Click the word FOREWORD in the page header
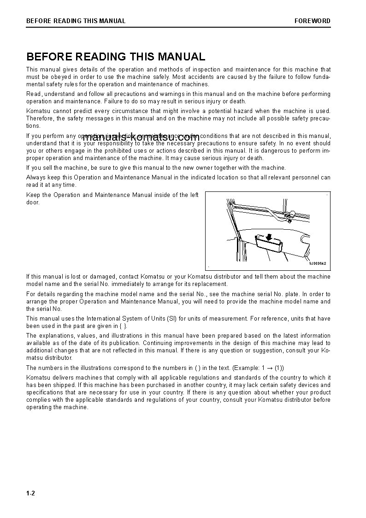point(312,21)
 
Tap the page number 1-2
point(30,494)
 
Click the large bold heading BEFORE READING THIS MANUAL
point(116,57)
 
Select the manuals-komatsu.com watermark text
point(141,137)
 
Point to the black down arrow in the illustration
point(268,237)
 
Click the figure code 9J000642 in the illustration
point(317,263)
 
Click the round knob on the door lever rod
point(292,214)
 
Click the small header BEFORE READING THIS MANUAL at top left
point(76,21)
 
